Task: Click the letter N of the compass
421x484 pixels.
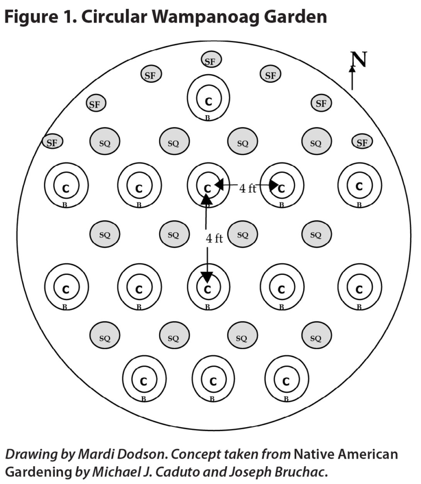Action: click(359, 60)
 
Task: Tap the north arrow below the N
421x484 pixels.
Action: click(352, 78)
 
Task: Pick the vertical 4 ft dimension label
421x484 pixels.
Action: click(214, 238)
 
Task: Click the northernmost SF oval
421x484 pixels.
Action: click(211, 60)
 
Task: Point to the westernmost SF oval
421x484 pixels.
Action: click(53, 141)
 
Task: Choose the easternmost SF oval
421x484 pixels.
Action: click(362, 142)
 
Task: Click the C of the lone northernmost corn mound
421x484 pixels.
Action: click(208, 101)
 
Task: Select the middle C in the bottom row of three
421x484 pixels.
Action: click(213, 381)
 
